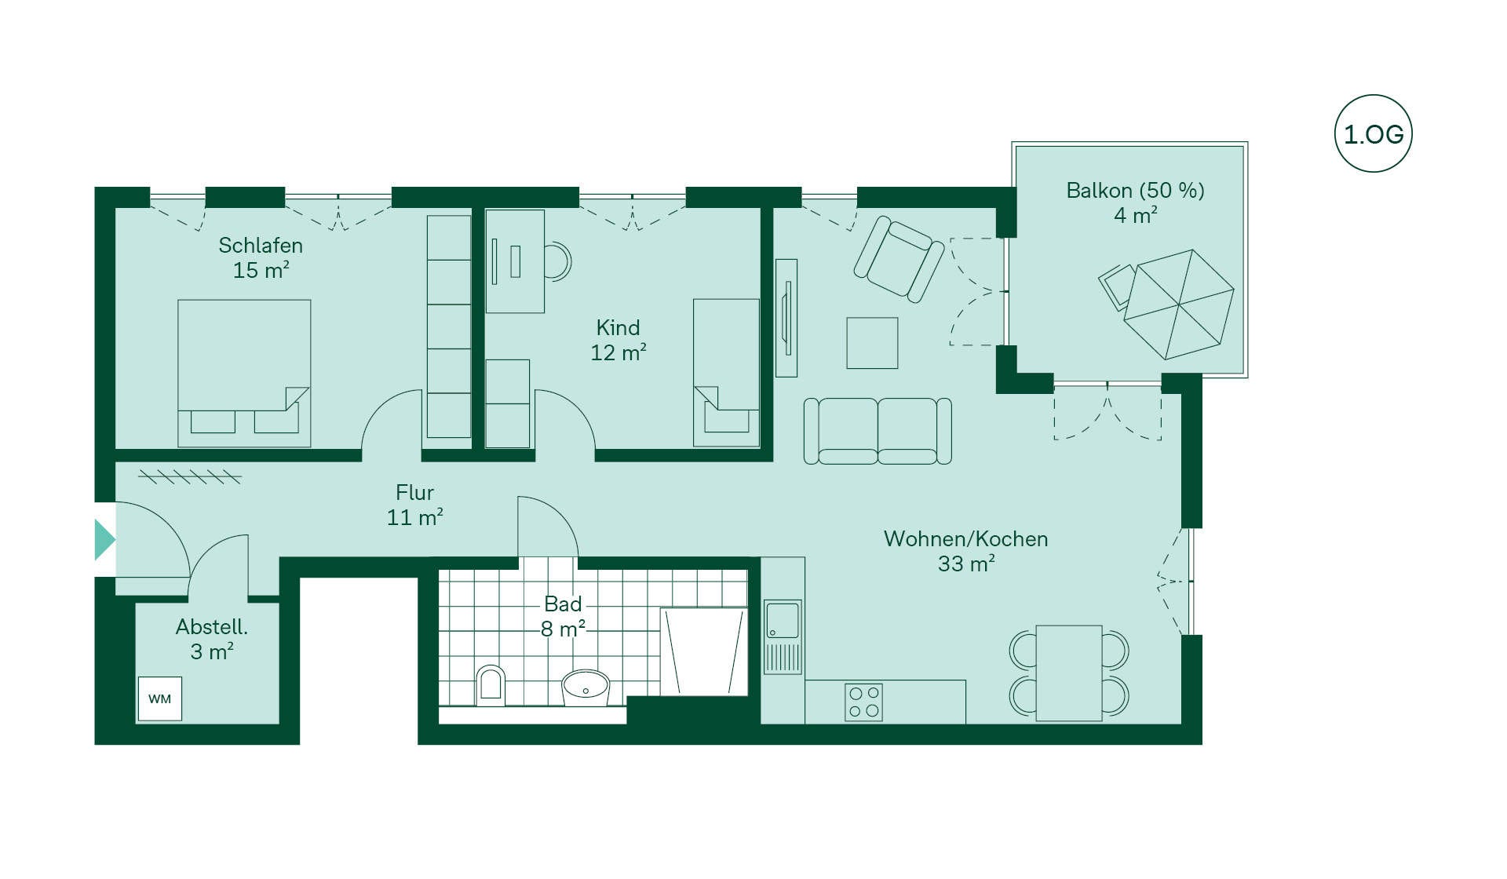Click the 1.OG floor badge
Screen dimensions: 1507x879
[1373, 133]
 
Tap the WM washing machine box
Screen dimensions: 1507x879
[160, 698]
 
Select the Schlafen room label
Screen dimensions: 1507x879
[261, 246]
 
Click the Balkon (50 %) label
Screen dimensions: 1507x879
[1135, 191]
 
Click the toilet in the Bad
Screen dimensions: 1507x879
[491, 685]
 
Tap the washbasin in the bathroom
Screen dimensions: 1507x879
[586, 688]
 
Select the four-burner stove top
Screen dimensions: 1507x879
[863, 702]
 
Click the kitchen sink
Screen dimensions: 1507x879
[783, 636]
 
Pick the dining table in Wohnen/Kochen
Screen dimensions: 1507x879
[1069, 673]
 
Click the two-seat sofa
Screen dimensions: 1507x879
[878, 431]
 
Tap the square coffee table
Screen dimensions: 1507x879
[872, 343]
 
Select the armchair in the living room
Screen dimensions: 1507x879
[899, 259]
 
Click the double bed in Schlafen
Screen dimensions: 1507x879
[244, 374]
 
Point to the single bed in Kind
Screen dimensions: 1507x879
[727, 373]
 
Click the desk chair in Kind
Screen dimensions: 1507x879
[558, 261]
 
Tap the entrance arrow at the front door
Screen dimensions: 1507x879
[104, 539]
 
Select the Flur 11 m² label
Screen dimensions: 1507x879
[414, 505]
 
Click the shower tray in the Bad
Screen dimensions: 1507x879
[703, 651]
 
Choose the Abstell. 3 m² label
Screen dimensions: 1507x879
[212, 639]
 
